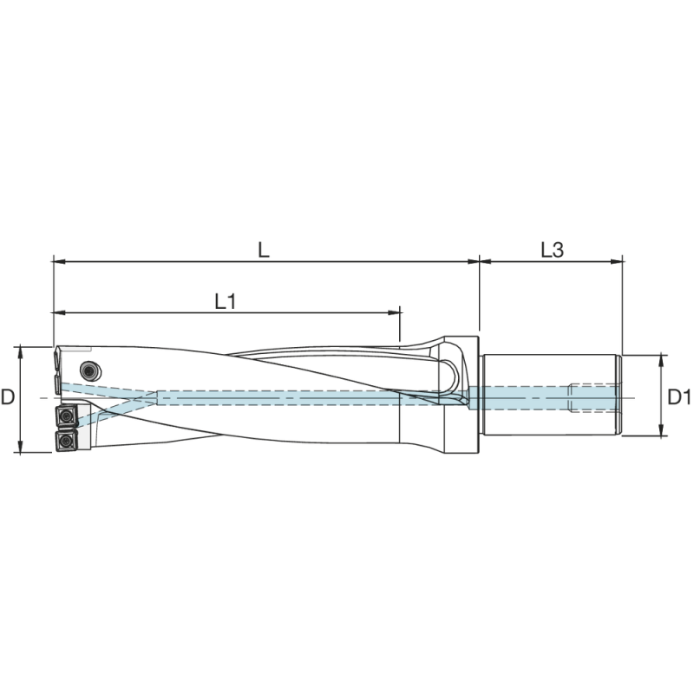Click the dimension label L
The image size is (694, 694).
(x=264, y=250)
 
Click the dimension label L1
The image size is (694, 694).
(x=226, y=301)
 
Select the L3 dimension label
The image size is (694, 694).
(x=552, y=250)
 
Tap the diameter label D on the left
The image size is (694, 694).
(x=9, y=398)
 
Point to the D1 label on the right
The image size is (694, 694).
(x=679, y=398)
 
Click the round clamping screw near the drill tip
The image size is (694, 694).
(x=87, y=370)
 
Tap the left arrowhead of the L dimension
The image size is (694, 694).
(x=58, y=259)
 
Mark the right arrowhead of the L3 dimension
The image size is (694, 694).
(x=619, y=259)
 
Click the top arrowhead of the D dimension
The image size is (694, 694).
(x=19, y=350)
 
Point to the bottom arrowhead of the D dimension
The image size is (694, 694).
(x=19, y=448)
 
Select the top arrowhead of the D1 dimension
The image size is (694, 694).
(x=662, y=358)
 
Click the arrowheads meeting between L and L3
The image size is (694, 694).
(x=480, y=259)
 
